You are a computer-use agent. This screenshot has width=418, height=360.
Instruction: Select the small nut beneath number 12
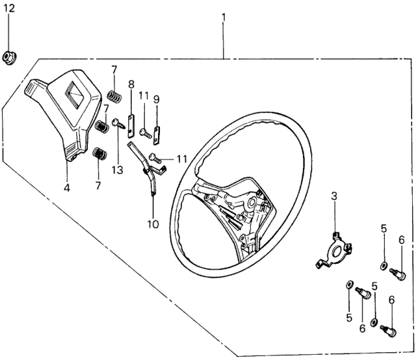tap(10, 57)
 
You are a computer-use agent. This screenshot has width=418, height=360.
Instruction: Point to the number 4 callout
tap(68, 173)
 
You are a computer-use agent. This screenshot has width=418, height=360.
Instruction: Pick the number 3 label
tap(335, 196)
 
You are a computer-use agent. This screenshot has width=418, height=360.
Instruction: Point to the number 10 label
tap(153, 224)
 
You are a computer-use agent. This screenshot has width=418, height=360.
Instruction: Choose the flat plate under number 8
tap(131, 122)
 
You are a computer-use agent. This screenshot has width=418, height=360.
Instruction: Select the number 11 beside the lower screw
tap(181, 158)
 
